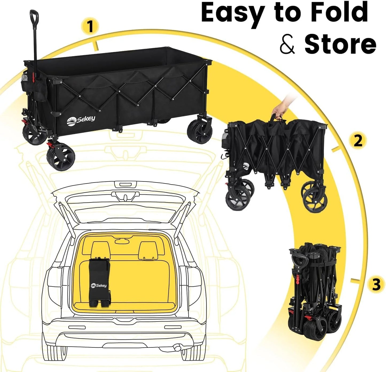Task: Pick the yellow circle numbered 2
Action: pyautogui.click(x=358, y=141)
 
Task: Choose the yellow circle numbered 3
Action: pyautogui.click(x=376, y=284)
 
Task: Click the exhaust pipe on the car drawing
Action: pyautogui.click(x=177, y=347)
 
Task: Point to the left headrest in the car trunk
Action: pyautogui.click(x=100, y=250)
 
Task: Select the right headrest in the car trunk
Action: pyautogui.click(x=148, y=250)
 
